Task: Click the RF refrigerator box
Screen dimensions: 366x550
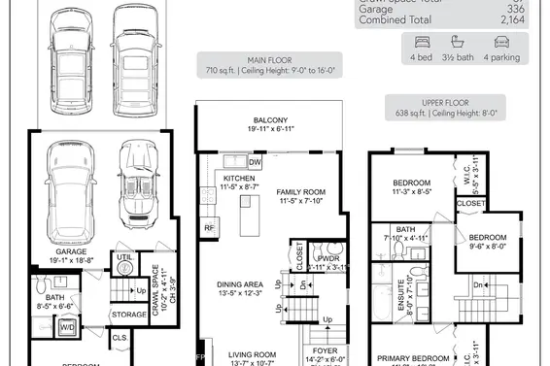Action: [208, 228]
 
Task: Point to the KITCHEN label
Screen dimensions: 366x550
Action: [238, 180]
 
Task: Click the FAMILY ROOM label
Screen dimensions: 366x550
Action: [300, 192]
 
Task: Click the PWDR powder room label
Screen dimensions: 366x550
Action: [328, 258]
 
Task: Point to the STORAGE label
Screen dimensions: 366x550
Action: [129, 315]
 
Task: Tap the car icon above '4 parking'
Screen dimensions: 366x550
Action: [501, 42]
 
